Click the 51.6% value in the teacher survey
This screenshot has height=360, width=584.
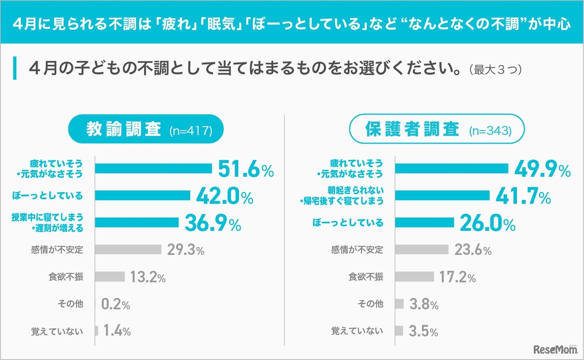(x=245, y=169)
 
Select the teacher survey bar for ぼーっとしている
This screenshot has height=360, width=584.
(x=143, y=196)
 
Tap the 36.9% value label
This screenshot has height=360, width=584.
(x=213, y=223)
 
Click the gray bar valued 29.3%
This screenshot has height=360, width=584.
(x=128, y=250)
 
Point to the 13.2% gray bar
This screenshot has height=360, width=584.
(x=110, y=277)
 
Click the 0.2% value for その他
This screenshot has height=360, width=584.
(x=115, y=304)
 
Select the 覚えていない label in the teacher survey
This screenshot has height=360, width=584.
(x=57, y=331)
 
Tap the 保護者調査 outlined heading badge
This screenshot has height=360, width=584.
(x=437, y=130)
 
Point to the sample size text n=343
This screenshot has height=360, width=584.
(x=490, y=131)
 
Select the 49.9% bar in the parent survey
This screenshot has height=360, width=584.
(x=451, y=169)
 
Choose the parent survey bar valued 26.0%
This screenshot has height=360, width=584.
(x=424, y=223)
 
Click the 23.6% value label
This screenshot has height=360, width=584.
(x=473, y=250)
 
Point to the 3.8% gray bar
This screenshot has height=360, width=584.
(x=399, y=304)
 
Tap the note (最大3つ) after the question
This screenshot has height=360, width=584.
(x=495, y=70)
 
